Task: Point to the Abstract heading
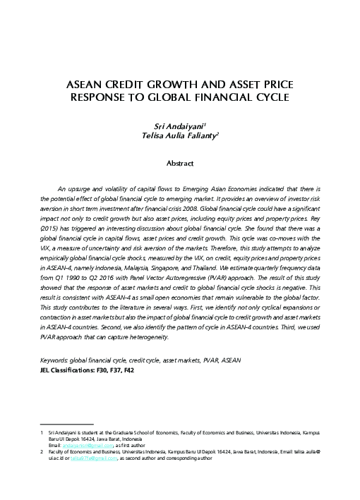click(x=179, y=164)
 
